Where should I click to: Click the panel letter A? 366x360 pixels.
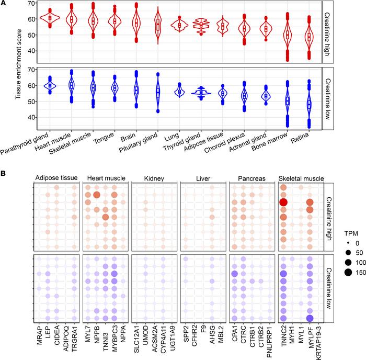click(4, 4)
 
